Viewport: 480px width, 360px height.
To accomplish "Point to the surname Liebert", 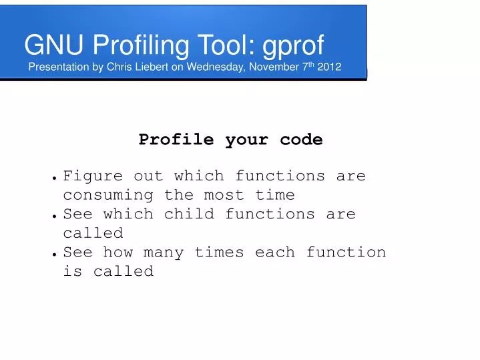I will tap(156, 67).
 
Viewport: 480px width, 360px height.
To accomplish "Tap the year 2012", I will tap(330, 67).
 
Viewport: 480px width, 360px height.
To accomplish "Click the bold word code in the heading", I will tap(301, 140).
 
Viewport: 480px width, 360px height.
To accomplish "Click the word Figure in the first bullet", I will tap(93, 176).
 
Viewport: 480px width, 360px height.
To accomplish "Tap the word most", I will tap(224, 195).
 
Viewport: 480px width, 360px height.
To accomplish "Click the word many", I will tap(164, 252).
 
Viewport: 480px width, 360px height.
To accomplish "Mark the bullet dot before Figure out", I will tap(53, 178).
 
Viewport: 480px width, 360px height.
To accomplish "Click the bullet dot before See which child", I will tap(53, 216).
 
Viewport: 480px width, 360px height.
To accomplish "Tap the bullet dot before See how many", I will tap(53, 254).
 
